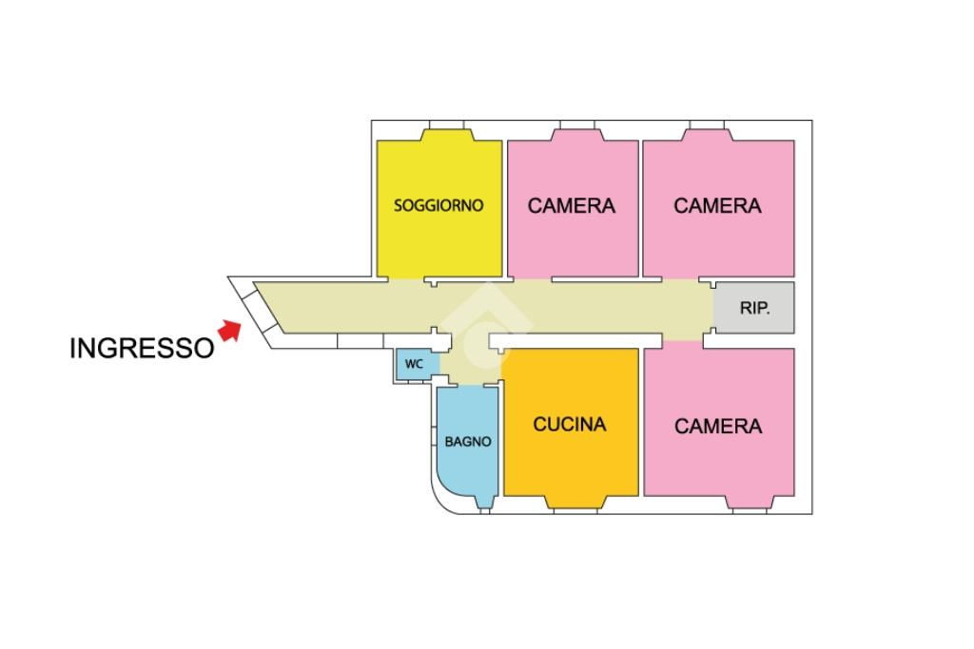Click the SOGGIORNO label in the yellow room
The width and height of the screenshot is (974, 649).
pos(438,205)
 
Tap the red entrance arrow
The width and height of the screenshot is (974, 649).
pos(230,330)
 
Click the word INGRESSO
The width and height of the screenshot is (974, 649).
pos(143,348)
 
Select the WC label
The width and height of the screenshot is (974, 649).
pos(414,364)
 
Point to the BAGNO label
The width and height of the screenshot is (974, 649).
pos(468,442)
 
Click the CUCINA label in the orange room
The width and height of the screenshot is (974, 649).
pos(570,425)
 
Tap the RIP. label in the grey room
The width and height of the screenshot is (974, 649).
pos(754,308)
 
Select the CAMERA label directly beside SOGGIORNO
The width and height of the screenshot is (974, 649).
pos(572,206)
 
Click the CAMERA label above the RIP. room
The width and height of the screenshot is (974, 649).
pos(717,206)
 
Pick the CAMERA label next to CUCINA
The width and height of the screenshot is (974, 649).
pos(718,427)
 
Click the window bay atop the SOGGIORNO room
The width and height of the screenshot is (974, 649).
pos(447,132)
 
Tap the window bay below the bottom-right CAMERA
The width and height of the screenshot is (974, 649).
pos(750,504)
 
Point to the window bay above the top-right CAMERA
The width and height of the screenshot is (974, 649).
pos(708,132)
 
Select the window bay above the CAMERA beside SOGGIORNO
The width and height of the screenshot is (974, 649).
pos(577,132)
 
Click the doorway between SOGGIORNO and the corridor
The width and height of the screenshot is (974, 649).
pos(407,279)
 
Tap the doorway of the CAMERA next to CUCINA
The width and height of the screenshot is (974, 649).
pos(683,340)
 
